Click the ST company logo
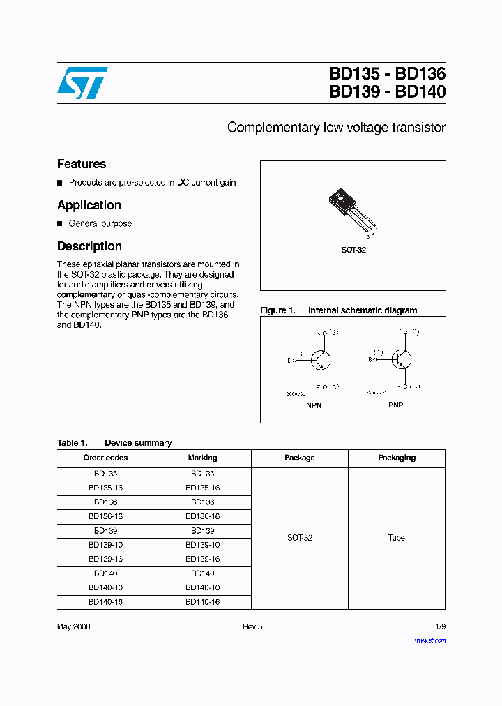point(82,83)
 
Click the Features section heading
point(82,164)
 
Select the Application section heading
point(89,205)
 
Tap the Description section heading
point(89,246)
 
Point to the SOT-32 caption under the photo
point(353,250)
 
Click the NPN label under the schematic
point(314,405)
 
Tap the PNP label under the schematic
point(395,405)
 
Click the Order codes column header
point(105,458)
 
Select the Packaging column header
point(397,458)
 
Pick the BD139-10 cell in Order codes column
point(105,545)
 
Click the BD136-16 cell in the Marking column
point(202,516)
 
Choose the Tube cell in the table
point(397,538)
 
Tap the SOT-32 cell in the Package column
point(300,538)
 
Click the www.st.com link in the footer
point(429,640)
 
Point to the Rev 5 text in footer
point(252,626)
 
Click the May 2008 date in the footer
point(74,626)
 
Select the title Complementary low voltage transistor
point(336,128)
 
